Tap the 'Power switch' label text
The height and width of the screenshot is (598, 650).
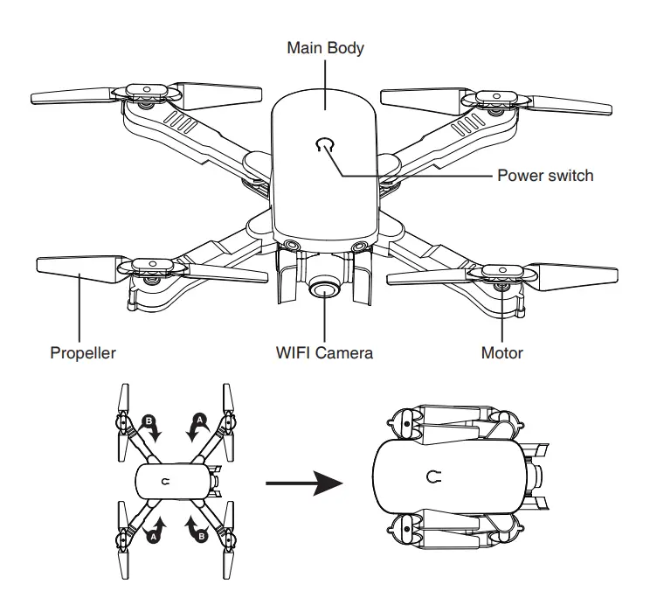pos(545,175)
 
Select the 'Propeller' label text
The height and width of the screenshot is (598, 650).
pos(82,354)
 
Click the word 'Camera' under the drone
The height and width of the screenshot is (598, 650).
pos(346,354)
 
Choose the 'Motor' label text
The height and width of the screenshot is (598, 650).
pos(502,354)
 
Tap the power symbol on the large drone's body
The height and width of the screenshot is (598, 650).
pos(325,143)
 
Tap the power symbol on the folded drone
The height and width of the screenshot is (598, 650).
pos(432,476)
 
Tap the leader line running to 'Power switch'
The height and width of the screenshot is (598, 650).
pos(419,176)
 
